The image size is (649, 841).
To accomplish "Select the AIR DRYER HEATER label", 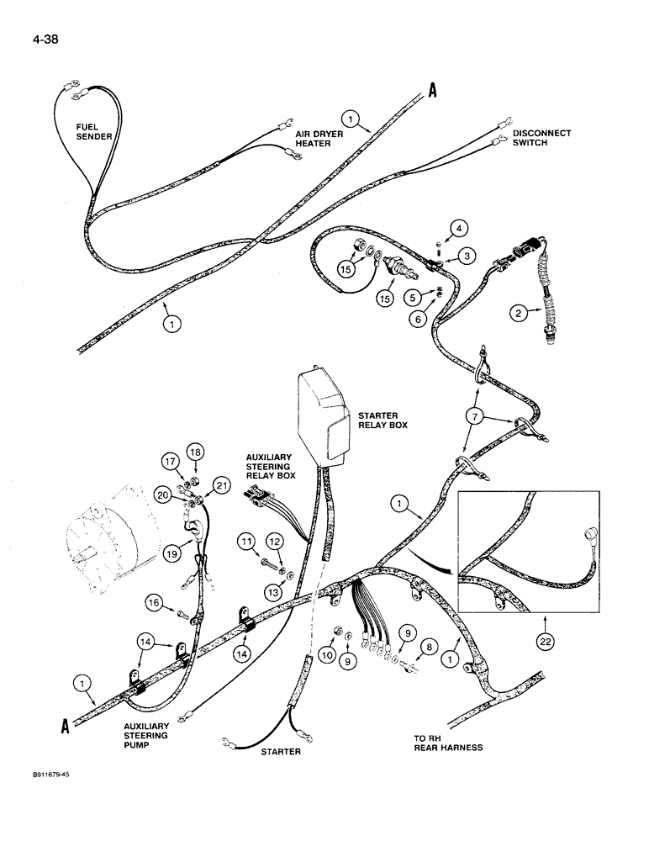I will [x=314, y=139].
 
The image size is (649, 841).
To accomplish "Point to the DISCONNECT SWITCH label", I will [x=541, y=138].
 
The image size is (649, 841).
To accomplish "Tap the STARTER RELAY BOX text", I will [x=383, y=420].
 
